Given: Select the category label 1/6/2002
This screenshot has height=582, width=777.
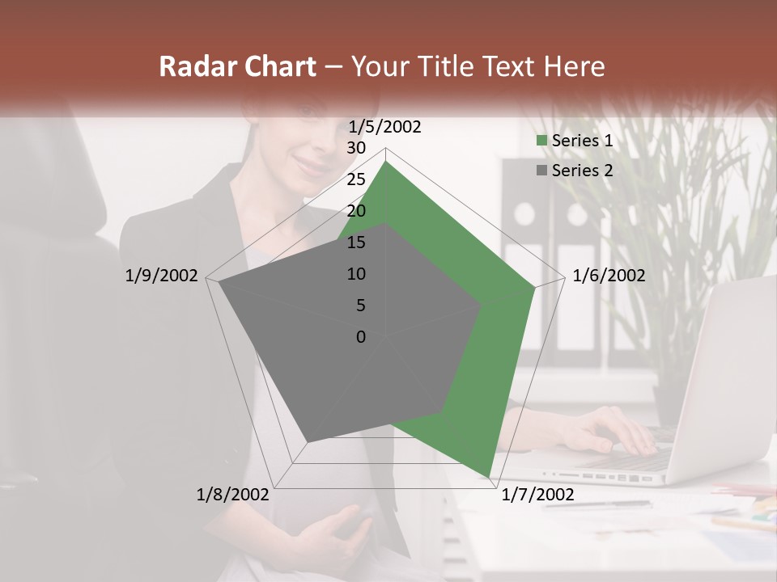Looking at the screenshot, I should pyautogui.click(x=609, y=276).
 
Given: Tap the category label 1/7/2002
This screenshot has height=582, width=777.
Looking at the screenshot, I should pyautogui.click(x=537, y=495).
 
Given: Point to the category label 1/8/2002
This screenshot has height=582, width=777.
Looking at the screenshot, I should pyautogui.click(x=233, y=495).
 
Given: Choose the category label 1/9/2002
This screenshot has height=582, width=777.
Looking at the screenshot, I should pyautogui.click(x=161, y=276).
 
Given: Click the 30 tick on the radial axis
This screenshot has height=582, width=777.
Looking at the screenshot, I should pyautogui.click(x=356, y=148).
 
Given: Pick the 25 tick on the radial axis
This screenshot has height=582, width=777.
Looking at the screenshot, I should pyautogui.click(x=356, y=179).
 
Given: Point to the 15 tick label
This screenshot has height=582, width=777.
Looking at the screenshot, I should pyautogui.click(x=356, y=242).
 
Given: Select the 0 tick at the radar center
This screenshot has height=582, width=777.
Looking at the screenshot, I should pyautogui.click(x=361, y=337).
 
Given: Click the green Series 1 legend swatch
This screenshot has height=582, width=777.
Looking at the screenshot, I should pyautogui.click(x=542, y=141).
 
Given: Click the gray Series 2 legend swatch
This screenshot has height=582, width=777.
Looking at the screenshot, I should pyautogui.click(x=542, y=171).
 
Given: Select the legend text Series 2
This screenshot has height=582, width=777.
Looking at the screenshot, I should pyautogui.click(x=582, y=171).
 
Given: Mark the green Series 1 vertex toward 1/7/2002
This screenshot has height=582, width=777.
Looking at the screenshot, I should pyautogui.click(x=489, y=476).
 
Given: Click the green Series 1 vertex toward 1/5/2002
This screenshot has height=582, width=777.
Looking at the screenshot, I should pyautogui.click(x=386, y=161).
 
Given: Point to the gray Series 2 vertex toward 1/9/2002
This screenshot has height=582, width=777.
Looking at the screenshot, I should pyautogui.click(x=219, y=282).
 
